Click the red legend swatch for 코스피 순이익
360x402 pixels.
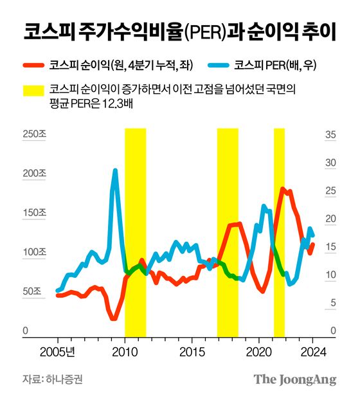pyautogui.click(x=32, y=64)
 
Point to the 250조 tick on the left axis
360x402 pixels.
pyautogui.click(x=34, y=135)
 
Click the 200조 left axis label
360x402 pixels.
pyautogui.click(x=34, y=174)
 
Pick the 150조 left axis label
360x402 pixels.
pyautogui.click(x=34, y=213)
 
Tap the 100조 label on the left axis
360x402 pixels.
pyautogui.click(x=34, y=252)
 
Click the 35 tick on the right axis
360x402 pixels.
pyautogui.click(x=331, y=135)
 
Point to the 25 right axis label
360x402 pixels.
pyautogui.click(x=331, y=191)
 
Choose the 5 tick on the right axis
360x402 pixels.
pyautogui.click(x=331, y=303)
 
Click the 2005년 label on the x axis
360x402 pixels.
pyautogui.click(x=62, y=352)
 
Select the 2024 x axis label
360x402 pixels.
pyautogui.click(x=314, y=352)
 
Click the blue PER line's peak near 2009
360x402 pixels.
pyautogui.click(x=115, y=170)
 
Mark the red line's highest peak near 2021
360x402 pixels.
pyautogui.click(x=282, y=188)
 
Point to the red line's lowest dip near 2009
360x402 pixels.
pyautogui.click(x=113, y=318)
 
